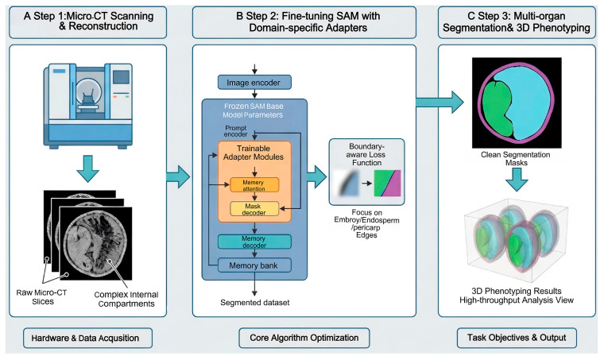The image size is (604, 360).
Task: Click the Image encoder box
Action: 254,83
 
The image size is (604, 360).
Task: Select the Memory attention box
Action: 254,185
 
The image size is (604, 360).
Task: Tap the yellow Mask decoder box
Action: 254,209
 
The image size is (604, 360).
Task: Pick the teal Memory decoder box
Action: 254,242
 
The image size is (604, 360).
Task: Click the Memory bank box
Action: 254,265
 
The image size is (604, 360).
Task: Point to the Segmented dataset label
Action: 254,303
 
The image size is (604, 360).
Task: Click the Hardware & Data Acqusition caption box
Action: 88,338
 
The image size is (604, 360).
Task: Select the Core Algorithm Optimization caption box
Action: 304,338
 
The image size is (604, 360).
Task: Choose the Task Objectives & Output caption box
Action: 517,338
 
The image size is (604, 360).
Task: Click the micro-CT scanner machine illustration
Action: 88,106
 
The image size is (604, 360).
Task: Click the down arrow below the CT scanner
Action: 88,168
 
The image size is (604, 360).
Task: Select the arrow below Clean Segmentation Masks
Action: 517,180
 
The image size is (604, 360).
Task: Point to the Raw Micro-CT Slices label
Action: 41,297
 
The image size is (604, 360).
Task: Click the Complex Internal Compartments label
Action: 126,299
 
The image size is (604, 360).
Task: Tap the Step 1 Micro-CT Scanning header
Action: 88,21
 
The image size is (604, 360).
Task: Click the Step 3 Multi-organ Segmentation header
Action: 517,22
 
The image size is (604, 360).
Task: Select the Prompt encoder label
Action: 236,131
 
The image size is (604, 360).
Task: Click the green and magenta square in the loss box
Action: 388,184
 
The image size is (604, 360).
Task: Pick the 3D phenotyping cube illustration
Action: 517,241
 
